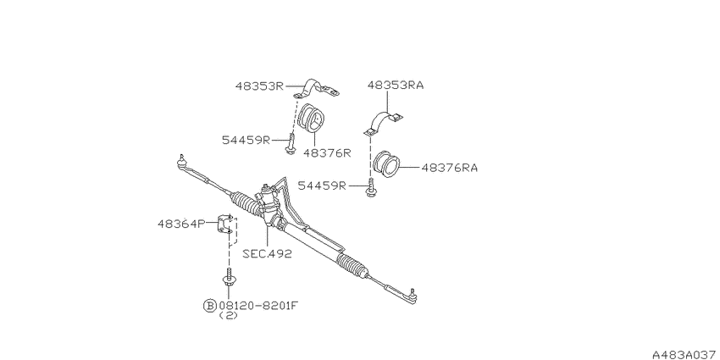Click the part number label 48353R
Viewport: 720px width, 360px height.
click(260, 86)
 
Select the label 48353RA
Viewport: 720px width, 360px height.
click(396, 86)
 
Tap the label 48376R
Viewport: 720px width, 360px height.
click(326, 153)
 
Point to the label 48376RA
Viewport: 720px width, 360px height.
click(450, 168)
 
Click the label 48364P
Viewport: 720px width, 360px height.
click(182, 224)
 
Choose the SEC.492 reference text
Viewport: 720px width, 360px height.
click(267, 254)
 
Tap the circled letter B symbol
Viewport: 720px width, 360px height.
click(209, 305)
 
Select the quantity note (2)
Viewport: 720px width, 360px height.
click(228, 315)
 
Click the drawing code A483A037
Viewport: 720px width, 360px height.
click(686, 354)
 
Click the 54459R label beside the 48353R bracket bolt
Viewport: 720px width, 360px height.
click(246, 140)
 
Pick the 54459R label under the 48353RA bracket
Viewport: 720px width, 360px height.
click(322, 186)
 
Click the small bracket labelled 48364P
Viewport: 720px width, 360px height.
click(225, 224)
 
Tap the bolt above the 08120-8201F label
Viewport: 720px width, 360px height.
click(228, 277)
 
